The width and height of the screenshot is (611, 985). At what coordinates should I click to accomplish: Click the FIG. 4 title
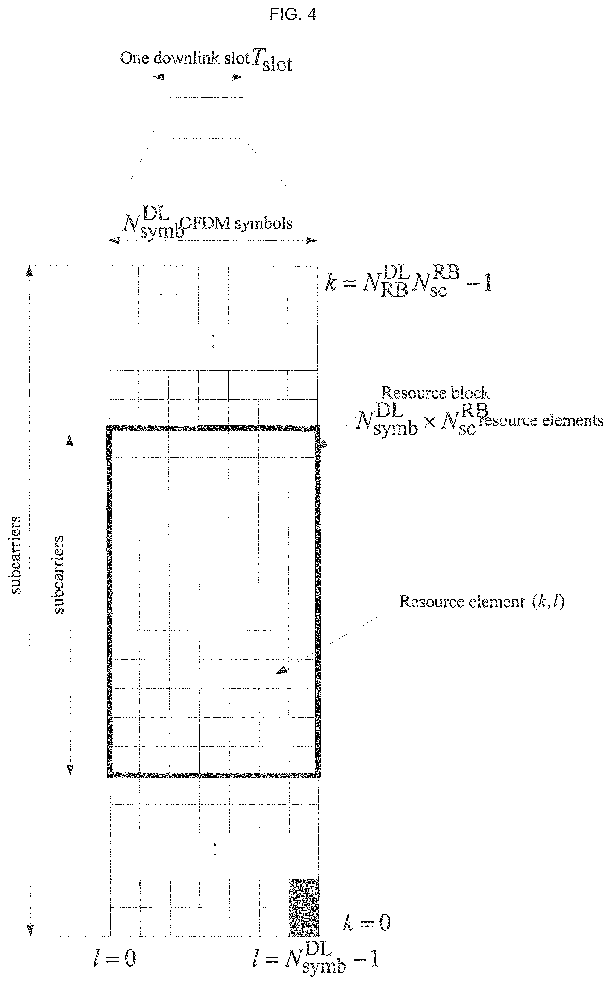pos(293,15)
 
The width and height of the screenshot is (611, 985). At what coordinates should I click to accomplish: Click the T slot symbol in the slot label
pos(272,60)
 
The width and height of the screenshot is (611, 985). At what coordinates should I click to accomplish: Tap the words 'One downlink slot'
pos(185,58)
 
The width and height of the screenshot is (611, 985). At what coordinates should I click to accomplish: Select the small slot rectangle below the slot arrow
pos(198,118)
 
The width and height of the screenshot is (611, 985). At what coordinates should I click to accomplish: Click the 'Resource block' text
pos(435,393)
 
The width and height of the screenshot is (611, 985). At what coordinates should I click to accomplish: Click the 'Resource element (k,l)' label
pos(482,602)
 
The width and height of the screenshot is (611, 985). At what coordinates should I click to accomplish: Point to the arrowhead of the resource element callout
pos(282,670)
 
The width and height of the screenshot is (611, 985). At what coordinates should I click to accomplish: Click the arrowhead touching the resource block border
pos(324,444)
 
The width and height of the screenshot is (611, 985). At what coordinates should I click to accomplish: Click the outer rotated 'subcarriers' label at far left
pos(16,555)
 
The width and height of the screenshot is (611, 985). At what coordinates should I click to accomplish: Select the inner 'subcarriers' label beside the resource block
pos(59,574)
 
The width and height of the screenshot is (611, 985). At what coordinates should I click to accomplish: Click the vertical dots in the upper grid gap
pos(213,341)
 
